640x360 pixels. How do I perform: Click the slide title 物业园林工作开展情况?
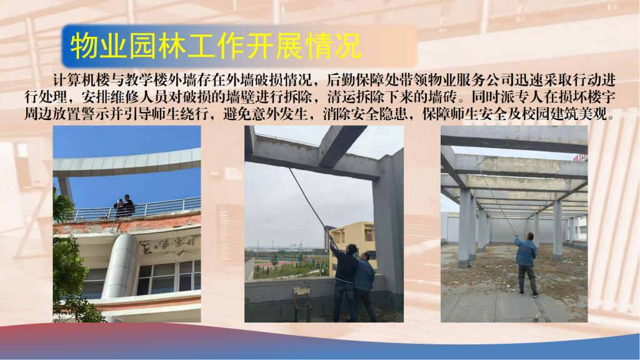tap(216, 46)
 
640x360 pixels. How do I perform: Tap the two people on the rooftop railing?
tap(124, 205)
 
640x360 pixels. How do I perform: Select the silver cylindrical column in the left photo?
tap(120, 266)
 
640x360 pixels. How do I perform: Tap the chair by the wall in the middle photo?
tap(301, 301)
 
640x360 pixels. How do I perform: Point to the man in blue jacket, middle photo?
tap(365, 286)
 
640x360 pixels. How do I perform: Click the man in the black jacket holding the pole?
tap(344, 282)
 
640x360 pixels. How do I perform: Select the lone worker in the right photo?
tap(526, 264)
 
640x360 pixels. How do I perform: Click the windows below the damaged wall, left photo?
tap(168, 277)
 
